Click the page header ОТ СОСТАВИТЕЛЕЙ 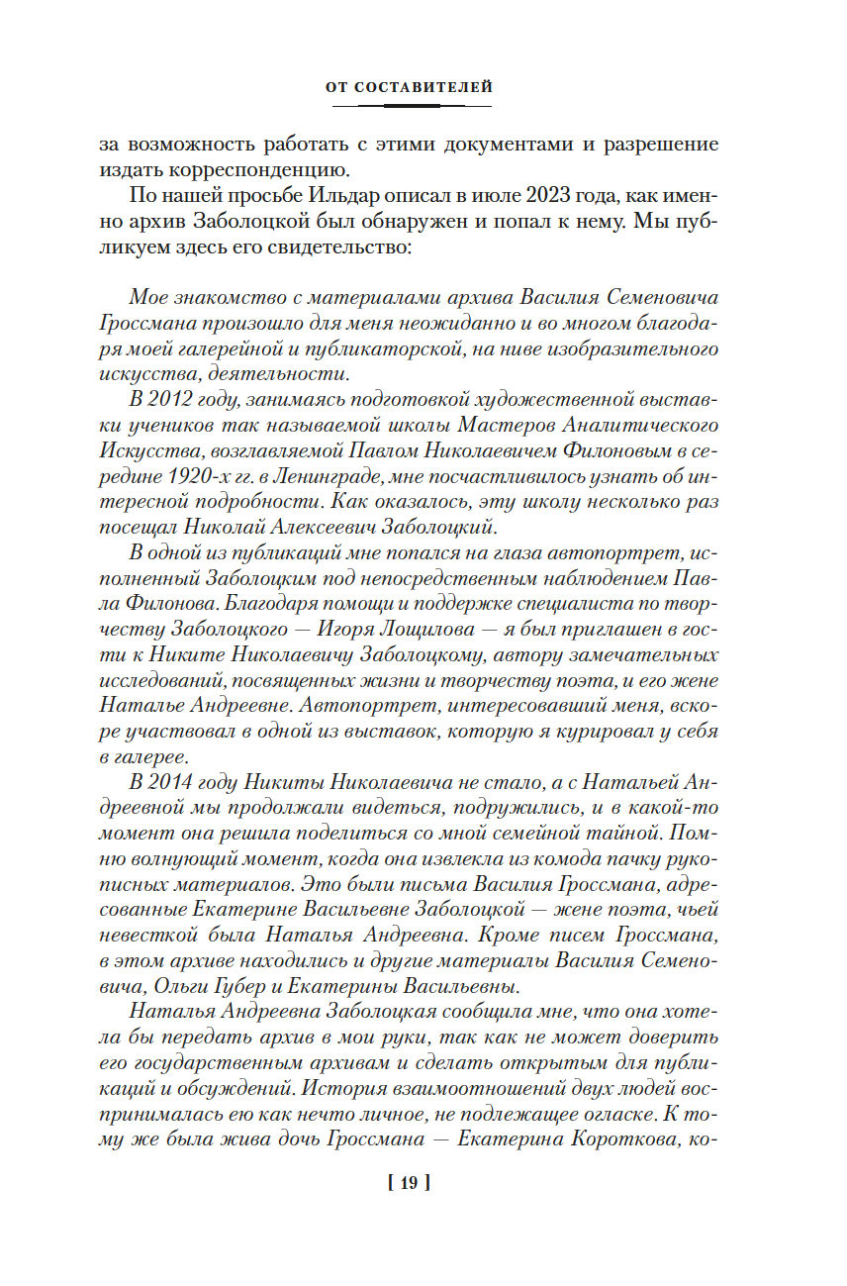[409, 88]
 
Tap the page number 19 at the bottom [409, 1181]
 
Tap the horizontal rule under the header [409, 106]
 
